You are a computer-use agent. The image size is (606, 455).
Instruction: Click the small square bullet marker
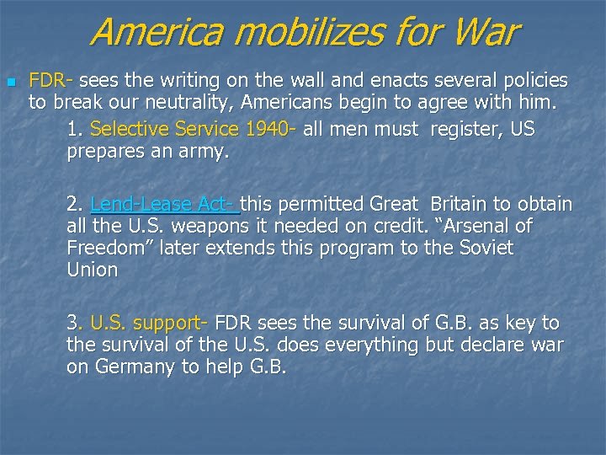10,83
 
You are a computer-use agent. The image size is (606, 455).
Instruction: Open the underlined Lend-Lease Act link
165,204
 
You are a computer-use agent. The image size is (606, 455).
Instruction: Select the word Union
92,270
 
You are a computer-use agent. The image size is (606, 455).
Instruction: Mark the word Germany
130,368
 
